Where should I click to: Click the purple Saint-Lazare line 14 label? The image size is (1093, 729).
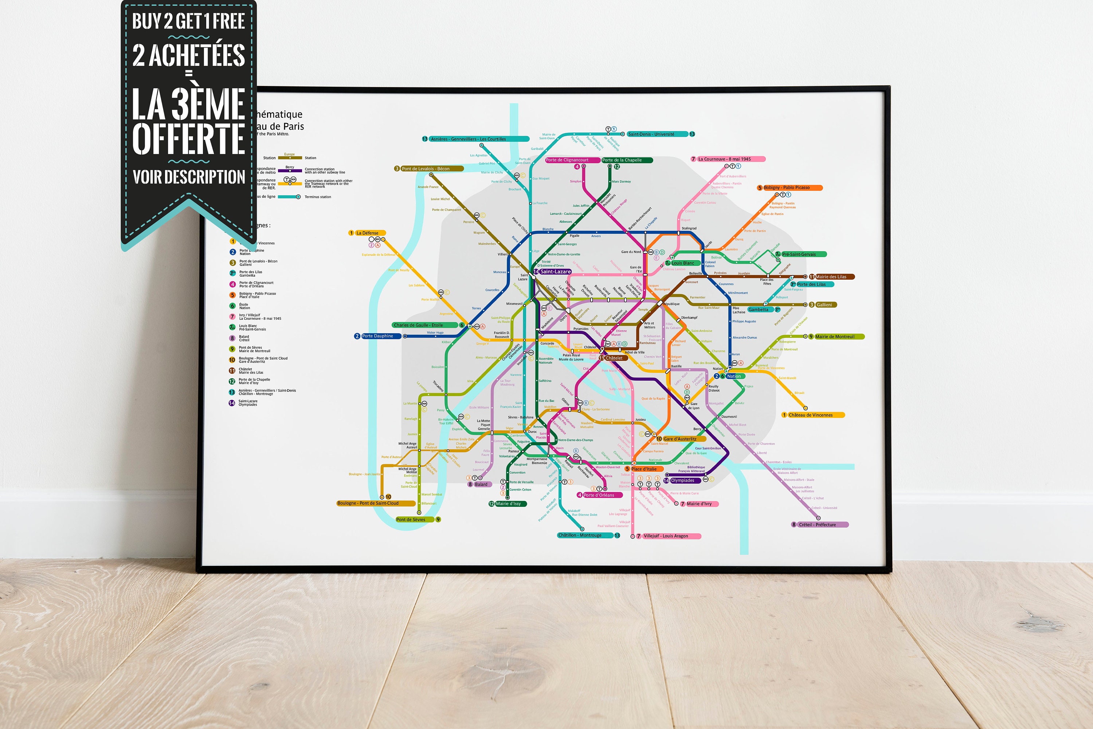tap(555, 272)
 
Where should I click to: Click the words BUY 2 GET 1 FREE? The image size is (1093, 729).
tap(188, 21)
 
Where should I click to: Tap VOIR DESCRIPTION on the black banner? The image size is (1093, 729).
tap(188, 177)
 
